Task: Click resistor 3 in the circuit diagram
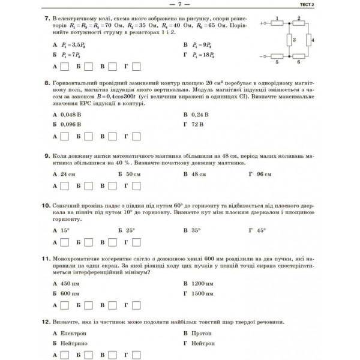288,40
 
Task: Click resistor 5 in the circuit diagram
277,56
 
